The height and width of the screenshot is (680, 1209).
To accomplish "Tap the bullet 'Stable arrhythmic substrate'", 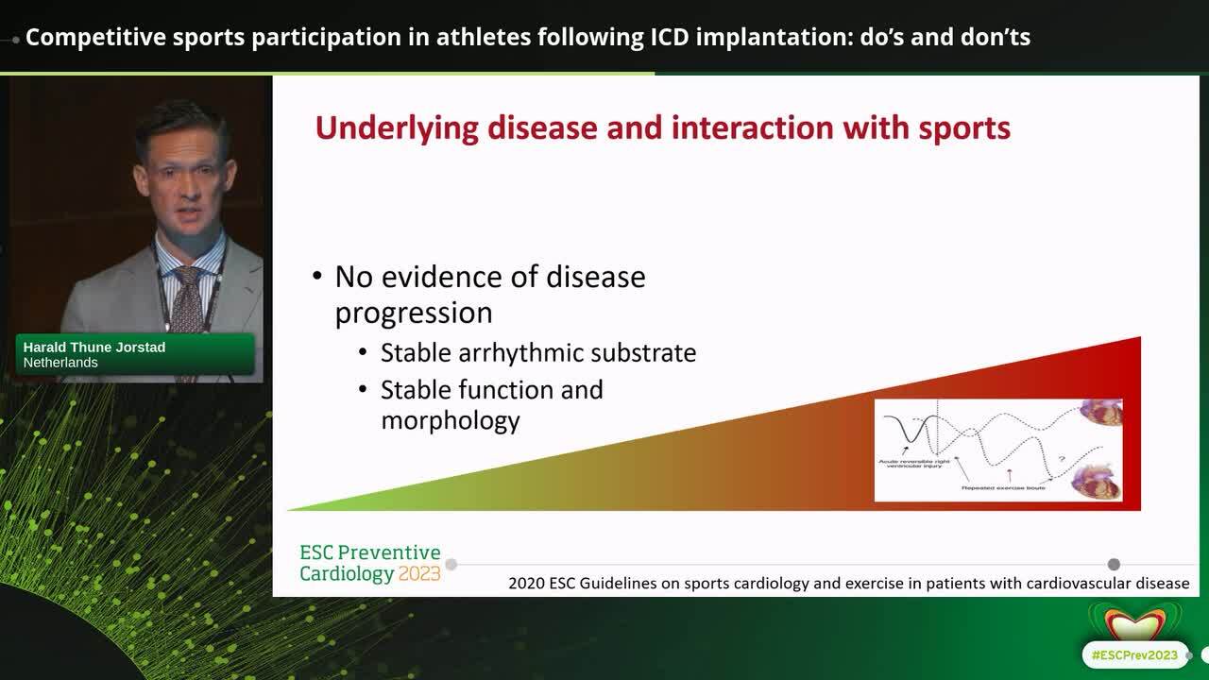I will pos(537,352).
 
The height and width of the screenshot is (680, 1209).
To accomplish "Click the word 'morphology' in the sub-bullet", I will pos(450,419).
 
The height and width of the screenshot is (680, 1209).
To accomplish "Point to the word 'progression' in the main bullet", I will pos(414,313).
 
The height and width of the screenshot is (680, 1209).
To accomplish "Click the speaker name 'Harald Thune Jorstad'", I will pos(94,347).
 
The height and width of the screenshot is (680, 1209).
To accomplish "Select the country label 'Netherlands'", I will pos(60,362).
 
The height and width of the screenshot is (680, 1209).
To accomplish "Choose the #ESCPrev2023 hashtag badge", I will pos(1134,654).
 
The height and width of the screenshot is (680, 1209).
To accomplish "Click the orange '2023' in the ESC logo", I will pos(419,573).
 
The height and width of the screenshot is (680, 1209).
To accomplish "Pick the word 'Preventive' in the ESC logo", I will pos(389,552).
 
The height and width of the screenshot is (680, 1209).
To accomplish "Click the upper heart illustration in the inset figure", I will pos(1102,414).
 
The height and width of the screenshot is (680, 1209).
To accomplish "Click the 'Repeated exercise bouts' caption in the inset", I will pos(1004,487).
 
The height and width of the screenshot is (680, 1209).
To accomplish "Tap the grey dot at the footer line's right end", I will pos(1114,564).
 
